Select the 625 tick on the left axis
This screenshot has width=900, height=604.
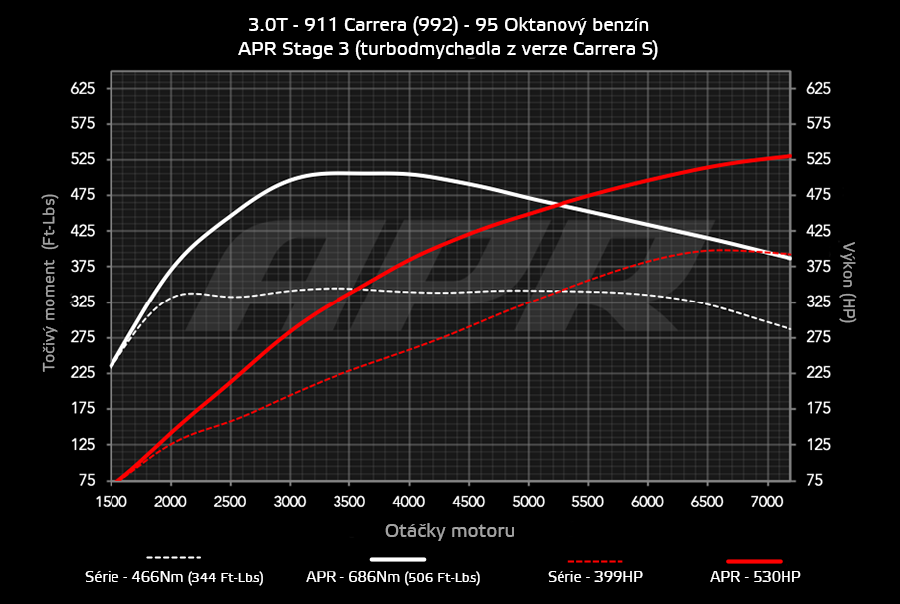(81, 89)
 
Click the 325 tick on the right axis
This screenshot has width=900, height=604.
(817, 302)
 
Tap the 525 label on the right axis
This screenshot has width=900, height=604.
(817, 159)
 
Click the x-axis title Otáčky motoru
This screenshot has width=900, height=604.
(449, 531)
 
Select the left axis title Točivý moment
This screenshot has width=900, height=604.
(48, 298)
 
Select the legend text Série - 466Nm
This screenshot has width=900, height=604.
(174, 577)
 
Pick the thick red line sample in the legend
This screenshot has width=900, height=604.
(753, 559)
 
